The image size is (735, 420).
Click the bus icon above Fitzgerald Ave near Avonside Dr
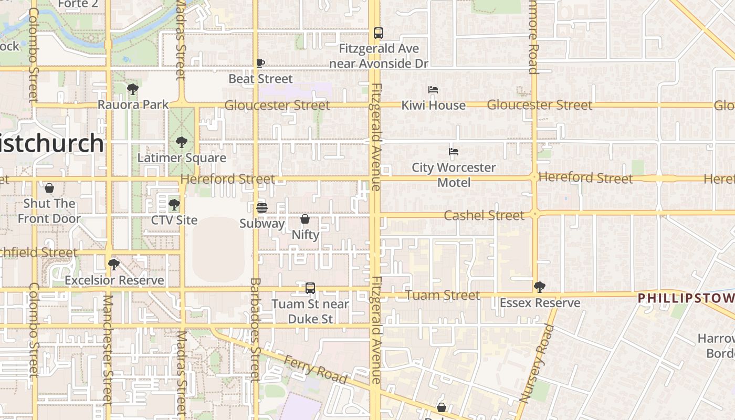click(x=379, y=33)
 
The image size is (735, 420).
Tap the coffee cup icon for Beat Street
click(x=260, y=63)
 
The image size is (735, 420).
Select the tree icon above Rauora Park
click(x=133, y=89)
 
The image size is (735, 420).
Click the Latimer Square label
click(x=182, y=157)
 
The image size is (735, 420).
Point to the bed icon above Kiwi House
click(x=433, y=90)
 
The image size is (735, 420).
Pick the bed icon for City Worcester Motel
click(x=454, y=152)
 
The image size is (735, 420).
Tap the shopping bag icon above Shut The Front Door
click(x=49, y=188)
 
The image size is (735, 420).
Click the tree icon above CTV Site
click(x=174, y=204)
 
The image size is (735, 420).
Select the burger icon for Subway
click(x=262, y=208)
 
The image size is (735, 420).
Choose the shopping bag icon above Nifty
click(x=305, y=219)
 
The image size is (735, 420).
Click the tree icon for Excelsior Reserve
click(x=114, y=265)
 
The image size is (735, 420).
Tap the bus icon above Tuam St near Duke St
click(x=310, y=288)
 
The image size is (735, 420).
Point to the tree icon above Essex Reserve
click(x=539, y=287)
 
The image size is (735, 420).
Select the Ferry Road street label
click(x=315, y=369)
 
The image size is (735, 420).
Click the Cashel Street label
click(x=484, y=215)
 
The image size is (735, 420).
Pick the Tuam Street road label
click(x=442, y=295)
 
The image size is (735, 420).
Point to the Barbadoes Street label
click(x=255, y=330)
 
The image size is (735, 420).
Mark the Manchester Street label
click(x=108, y=349)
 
